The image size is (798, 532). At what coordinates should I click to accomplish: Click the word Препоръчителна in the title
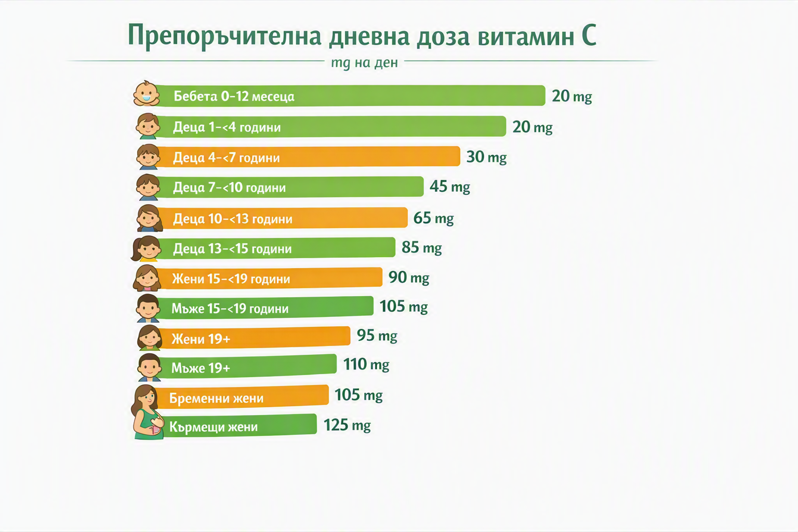[x=224, y=36]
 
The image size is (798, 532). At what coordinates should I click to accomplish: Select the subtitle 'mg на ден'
[x=364, y=63]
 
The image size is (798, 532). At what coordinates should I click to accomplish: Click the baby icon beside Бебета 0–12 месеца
[x=147, y=94]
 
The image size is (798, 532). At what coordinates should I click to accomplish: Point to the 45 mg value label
[x=449, y=187]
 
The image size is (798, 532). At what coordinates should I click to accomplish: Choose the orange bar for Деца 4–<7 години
[x=308, y=156]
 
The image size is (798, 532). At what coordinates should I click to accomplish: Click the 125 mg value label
[x=347, y=425]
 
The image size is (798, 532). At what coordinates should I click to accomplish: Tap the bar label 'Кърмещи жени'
[x=213, y=427]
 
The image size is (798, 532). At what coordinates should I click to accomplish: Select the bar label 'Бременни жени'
[x=216, y=397]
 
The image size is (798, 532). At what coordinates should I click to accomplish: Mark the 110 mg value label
[x=366, y=364]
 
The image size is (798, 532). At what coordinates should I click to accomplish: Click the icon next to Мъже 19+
[x=149, y=367]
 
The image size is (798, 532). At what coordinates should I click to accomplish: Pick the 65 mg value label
[x=434, y=218]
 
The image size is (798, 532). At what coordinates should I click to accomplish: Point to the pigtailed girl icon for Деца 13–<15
[x=145, y=248]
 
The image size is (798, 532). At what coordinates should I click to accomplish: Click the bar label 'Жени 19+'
[x=201, y=339]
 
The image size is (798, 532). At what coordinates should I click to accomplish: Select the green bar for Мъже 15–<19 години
[x=265, y=307]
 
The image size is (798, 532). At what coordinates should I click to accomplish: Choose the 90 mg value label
[x=409, y=277]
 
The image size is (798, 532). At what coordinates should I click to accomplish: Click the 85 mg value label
[x=422, y=247]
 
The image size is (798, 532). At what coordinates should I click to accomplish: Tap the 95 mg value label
[x=377, y=335]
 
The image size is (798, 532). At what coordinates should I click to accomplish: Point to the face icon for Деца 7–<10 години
[x=148, y=187]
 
